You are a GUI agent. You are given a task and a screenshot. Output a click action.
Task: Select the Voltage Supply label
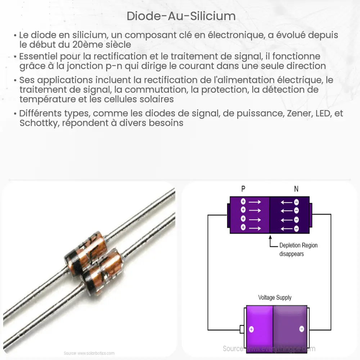(275, 298)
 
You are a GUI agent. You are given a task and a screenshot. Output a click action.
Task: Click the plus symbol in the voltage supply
(251, 329)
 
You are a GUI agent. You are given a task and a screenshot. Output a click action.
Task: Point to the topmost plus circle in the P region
(243, 202)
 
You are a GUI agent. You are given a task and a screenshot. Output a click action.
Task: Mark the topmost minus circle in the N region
(296, 202)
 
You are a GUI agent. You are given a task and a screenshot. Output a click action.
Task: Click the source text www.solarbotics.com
(89, 353)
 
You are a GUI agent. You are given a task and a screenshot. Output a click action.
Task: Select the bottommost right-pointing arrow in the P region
(255, 228)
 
